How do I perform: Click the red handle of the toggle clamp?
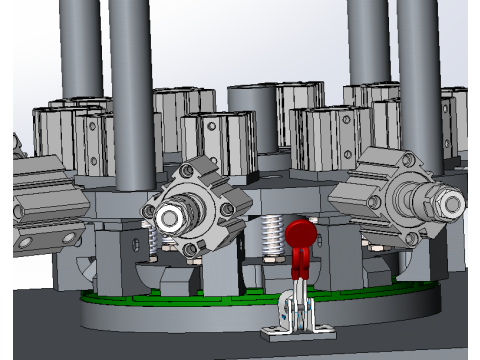(x=299, y=237)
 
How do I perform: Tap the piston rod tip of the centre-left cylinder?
(x=171, y=215)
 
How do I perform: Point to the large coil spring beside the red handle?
(x=269, y=238)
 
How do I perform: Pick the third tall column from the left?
(x=367, y=45)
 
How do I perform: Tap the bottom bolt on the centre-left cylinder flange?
(x=189, y=248)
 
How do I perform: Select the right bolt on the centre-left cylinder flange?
(x=227, y=209)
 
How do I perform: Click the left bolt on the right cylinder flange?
(x=376, y=201)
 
